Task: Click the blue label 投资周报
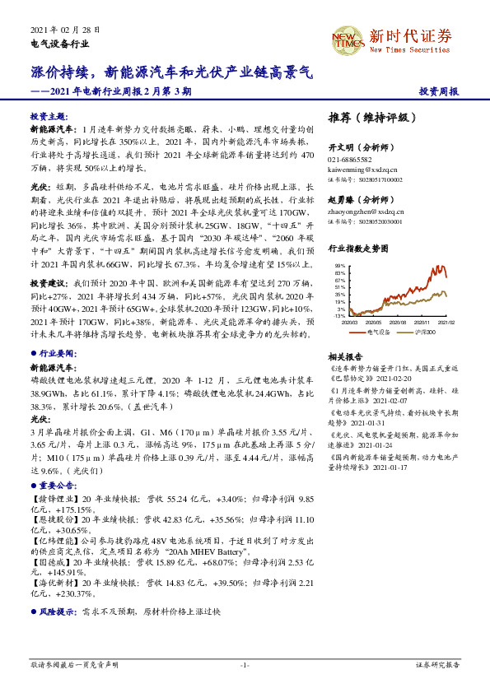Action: (438, 91)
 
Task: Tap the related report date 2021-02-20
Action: (379, 380)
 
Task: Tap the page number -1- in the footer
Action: (245, 665)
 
